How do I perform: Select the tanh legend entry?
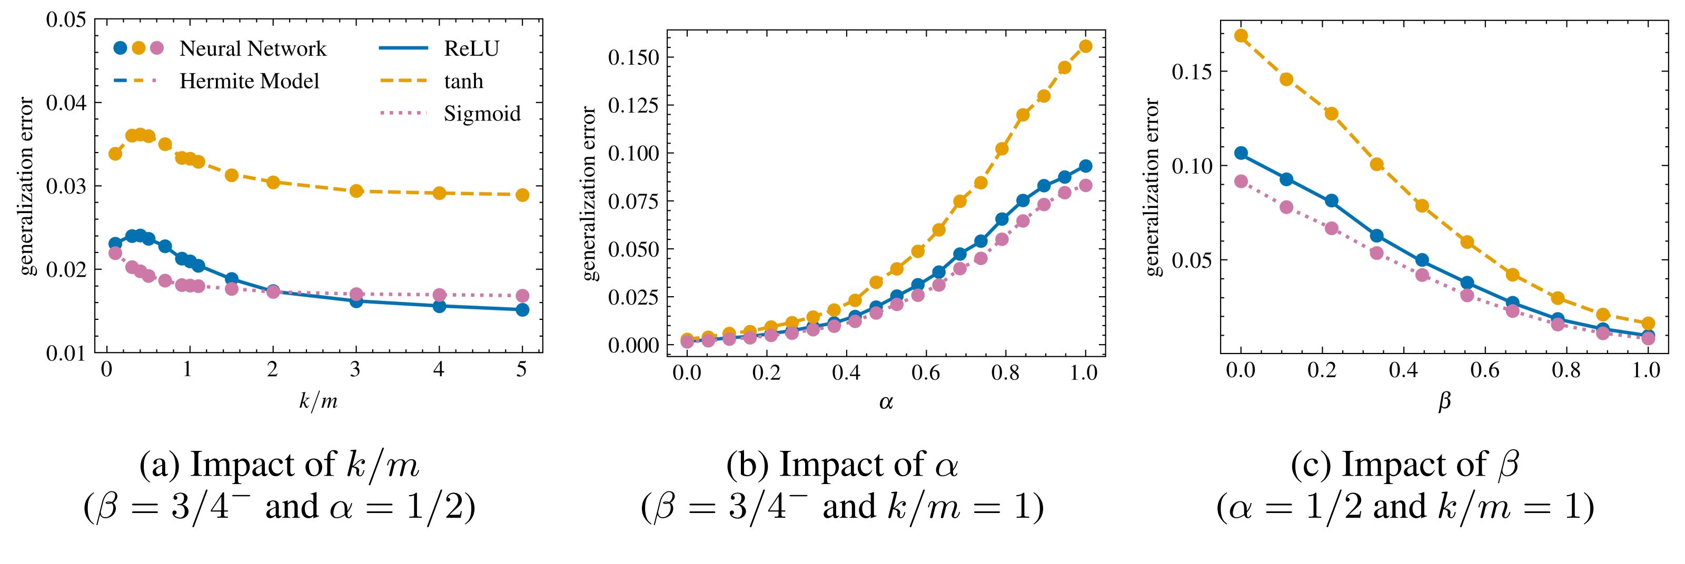click(x=463, y=81)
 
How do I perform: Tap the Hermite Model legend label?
click(x=249, y=81)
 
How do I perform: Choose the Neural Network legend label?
click(x=253, y=48)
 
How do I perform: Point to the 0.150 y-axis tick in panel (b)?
click(x=632, y=57)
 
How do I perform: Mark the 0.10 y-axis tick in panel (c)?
click(x=1190, y=165)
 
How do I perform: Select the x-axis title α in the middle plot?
click(x=886, y=402)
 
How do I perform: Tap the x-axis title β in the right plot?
click(x=1444, y=402)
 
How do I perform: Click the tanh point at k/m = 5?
click(x=522, y=195)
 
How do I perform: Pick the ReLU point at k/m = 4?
click(x=439, y=306)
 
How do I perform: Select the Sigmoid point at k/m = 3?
click(x=356, y=294)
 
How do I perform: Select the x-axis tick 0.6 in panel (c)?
click(x=1485, y=370)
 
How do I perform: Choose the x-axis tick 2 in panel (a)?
click(x=273, y=369)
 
